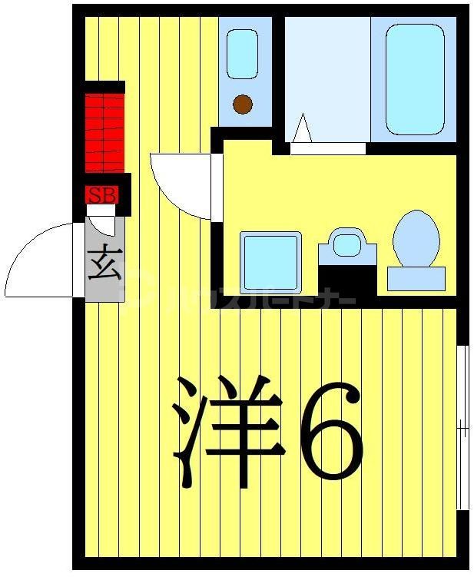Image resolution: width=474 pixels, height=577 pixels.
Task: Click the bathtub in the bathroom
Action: click(415, 78)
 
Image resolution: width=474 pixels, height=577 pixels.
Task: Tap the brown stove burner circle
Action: click(243, 103)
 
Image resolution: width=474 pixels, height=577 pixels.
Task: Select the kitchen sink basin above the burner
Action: click(242, 54)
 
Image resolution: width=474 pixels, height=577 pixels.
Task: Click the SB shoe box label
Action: click(102, 195)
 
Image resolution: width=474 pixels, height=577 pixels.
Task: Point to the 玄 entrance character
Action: click(104, 264)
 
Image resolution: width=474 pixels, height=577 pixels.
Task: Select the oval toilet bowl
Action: click(416, 237)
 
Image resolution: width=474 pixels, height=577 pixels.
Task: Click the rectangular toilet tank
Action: click(416, 278)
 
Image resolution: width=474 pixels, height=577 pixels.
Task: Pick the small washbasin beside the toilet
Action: click(347, 244)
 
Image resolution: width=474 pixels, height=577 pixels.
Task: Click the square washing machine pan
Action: click(270, 262)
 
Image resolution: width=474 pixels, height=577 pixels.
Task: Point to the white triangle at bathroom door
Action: click(302, 129)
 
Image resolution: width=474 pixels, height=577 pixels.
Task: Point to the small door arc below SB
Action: click(102, 223)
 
